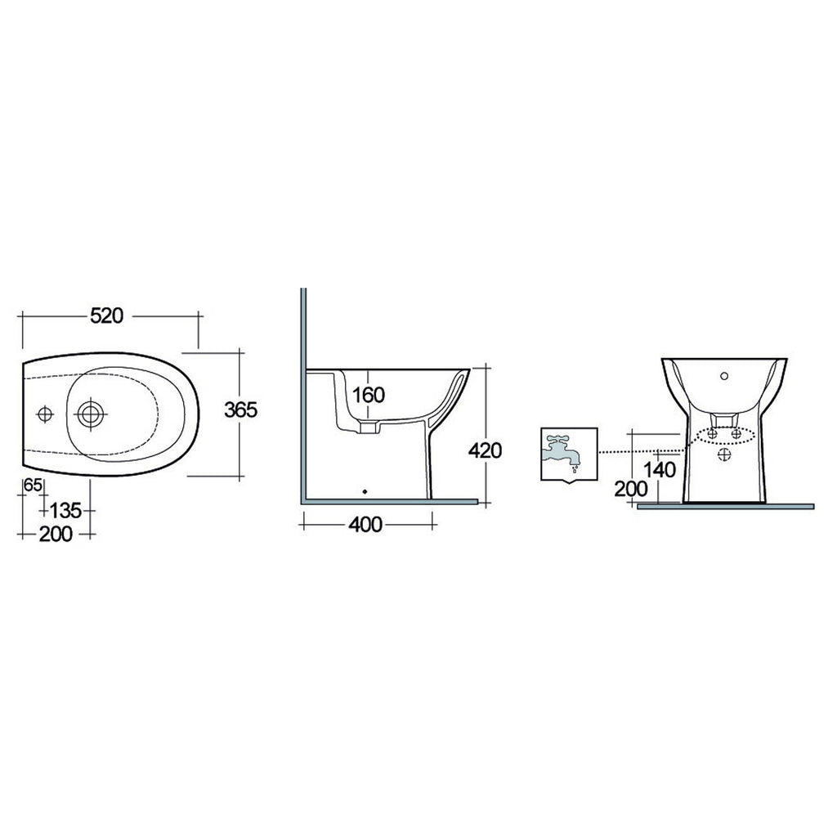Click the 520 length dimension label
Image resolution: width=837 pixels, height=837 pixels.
tap(106, 316)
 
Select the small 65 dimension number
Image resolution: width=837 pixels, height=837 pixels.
tap(33, 485)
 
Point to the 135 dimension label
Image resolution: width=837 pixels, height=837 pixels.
tap(65, 511)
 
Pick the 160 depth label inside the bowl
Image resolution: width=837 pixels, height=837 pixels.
tap(368, 395)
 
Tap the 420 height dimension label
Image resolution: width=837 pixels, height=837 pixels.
tap(486, 450)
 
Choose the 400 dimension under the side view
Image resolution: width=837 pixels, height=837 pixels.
tap(365, 525)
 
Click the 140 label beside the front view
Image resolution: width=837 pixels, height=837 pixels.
tap(659, 470)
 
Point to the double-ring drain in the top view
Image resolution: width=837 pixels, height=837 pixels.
tap(89, 414)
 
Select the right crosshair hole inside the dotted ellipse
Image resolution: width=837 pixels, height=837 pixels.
tap(736, 434)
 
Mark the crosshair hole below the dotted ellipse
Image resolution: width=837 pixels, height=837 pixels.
tap(724, 454)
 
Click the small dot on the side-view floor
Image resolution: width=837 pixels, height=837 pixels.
tap(365, 492)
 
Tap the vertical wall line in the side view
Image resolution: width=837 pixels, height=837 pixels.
tap(302, 392)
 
